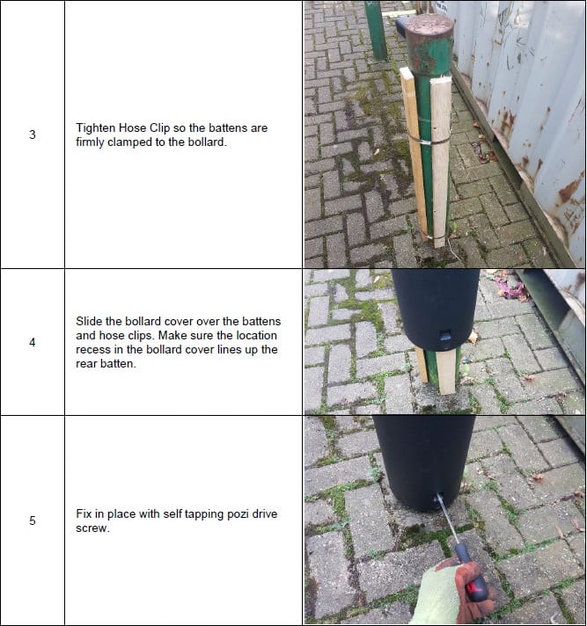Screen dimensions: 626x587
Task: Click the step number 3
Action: point(33,135)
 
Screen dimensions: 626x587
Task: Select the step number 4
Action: point(33,342)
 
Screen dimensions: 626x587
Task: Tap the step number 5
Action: point(33,520)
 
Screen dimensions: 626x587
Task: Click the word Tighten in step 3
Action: point(97,128)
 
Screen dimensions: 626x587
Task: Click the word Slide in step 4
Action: point(92,322)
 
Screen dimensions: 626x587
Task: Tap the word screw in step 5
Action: point(92,528)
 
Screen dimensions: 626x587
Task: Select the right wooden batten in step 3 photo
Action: point(441,158)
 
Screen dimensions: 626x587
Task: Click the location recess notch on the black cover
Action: point(444,334)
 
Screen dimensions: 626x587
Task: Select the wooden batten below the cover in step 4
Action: point(446,370)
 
